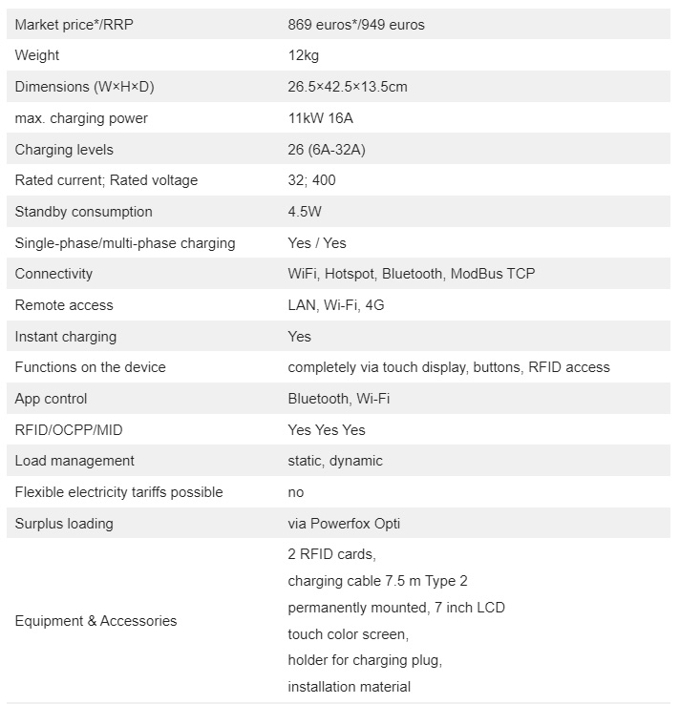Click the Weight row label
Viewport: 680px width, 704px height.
click(37, 56)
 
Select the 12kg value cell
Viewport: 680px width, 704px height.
click(305, 56)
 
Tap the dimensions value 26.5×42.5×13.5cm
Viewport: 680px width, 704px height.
click(348, 87)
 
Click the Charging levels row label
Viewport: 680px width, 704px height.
click(64, 150)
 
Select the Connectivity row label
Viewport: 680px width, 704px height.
click(53, 274)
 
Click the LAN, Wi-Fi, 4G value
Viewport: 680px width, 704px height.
click(336, 305)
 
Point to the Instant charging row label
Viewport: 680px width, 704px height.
click(66, 337)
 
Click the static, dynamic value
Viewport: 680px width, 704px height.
click(335, 461)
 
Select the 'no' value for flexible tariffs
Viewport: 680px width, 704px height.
click(296, 492)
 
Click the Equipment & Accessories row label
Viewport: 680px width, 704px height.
click(96, 621)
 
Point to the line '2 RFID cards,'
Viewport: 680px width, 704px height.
click(331, 554)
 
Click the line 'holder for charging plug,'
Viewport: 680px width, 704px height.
click(365, 660)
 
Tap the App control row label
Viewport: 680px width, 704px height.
click(51, 399)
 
